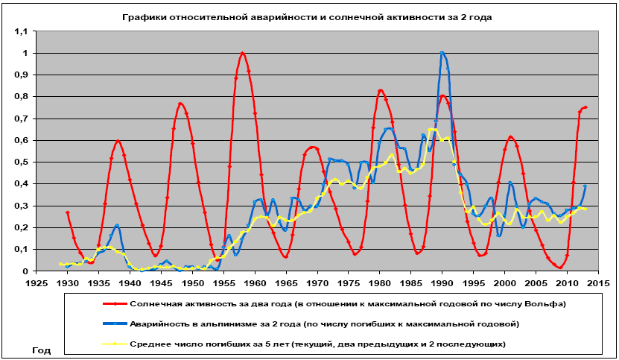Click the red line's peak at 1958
tap(243, 54)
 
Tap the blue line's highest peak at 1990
tap(442, 53)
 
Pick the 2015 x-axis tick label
tap(597, 283)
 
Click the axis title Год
tap(42, 349)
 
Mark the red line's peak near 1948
tap(180, 104)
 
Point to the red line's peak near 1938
tap(118, 141)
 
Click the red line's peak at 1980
tap(381, 91)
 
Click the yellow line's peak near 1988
tap(433, 130)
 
